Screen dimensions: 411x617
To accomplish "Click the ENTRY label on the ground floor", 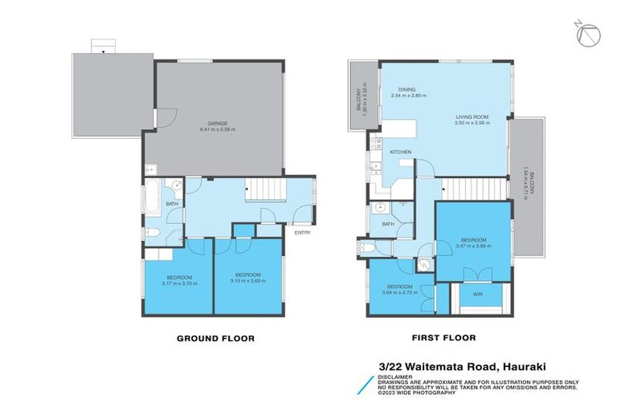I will click(x=302, y=233).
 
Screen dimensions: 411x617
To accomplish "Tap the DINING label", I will click(x=407, y=89).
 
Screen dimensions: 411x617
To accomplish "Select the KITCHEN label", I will click(x=400, y=152).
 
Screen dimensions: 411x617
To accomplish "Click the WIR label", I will click(x=477, y=295).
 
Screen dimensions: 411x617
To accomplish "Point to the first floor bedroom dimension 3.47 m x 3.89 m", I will click(x=473, y=246).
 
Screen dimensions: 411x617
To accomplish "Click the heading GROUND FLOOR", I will click(x=215, y=339).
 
